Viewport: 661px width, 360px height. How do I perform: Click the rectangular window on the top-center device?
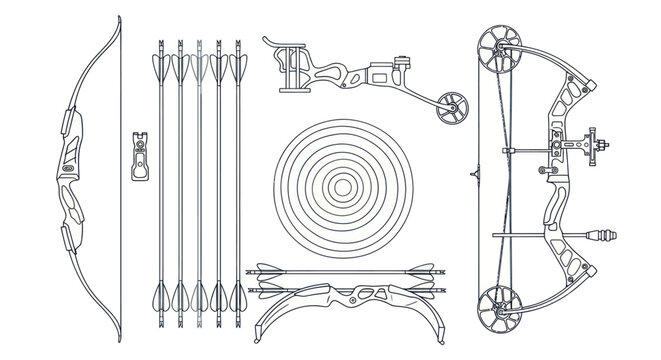pos(382,73)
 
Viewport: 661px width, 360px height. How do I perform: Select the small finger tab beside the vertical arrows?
pos(140,155)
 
